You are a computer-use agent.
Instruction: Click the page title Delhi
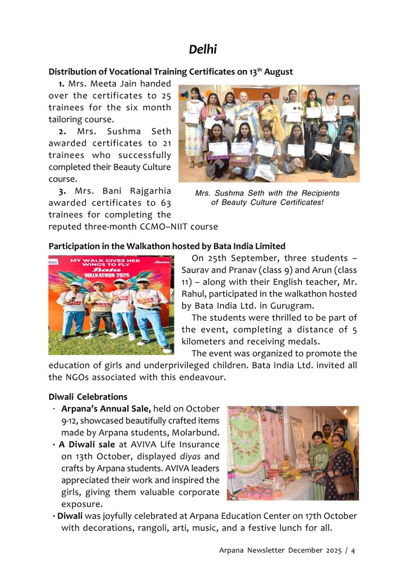(x=202, y=49)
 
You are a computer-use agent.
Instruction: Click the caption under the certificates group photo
(x=267, y=197)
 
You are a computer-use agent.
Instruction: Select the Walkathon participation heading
(x=167, y=246)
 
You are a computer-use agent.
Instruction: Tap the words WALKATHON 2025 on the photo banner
(x=110, y=275)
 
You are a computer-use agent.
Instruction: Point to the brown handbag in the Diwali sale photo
(x=344, y=483)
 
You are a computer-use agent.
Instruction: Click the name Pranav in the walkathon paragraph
(x=237, y=270)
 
